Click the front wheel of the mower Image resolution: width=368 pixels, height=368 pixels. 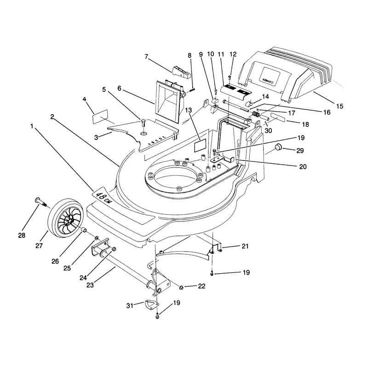(66, 217)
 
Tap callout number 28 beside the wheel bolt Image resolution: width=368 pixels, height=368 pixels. (22, 235)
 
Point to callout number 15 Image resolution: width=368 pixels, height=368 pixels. (339, 106)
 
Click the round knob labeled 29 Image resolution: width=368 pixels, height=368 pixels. (279, 147)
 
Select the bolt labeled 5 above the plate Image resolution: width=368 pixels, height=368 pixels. (143, 123)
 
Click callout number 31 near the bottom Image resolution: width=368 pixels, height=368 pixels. (130, 305)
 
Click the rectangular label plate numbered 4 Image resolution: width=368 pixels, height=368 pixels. (100, 116)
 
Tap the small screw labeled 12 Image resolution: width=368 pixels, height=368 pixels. (230, 77)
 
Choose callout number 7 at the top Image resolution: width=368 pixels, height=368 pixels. (146, 57)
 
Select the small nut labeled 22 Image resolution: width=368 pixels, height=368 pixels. (181, 287)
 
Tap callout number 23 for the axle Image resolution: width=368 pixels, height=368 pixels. (90, 285)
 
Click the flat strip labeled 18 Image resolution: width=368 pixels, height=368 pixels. (278, 117)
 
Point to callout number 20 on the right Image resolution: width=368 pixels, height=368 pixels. (303, 167)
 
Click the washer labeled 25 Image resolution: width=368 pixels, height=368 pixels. (97, 238)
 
